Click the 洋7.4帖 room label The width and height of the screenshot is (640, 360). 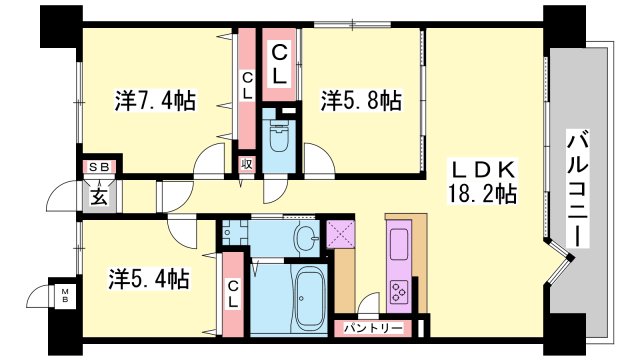(155, 100)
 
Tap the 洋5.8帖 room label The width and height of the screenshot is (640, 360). (361, 100)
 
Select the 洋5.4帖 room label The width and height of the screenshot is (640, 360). (149, 279)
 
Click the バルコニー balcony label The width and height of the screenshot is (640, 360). (578, 189)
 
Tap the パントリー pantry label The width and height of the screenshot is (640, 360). (373, 328)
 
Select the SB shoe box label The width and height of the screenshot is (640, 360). (99, 167)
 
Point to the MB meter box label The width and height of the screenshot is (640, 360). (65, 296)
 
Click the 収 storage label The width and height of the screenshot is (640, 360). (247, 164)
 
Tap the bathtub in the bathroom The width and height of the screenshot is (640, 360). (309, 298)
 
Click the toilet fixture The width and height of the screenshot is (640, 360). (279, 135)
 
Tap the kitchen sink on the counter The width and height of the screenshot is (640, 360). (399, 244)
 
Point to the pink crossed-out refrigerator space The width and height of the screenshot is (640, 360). (341, 234)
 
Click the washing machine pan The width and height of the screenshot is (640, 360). (234, 232)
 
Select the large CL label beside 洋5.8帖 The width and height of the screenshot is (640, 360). (279, 64)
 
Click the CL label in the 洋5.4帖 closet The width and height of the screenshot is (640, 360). (233, 294)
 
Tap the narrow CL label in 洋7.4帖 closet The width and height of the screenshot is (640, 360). (247, 85)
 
